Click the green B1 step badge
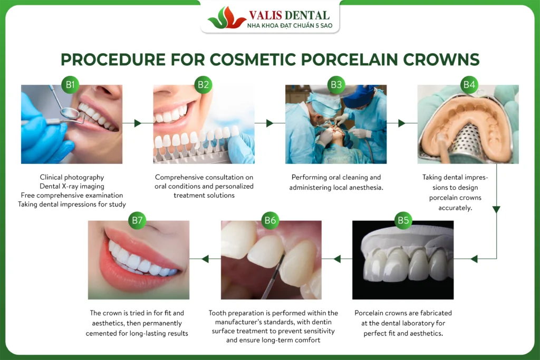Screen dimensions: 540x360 70,85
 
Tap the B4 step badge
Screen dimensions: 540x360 469,85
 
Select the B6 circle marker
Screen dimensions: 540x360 270,220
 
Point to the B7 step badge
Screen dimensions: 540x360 137,220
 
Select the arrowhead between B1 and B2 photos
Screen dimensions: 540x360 138,123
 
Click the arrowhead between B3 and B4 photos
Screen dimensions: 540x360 401,123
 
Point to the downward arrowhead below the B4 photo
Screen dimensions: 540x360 496,209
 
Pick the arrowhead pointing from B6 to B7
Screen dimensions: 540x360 205,259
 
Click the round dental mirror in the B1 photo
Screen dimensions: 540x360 70,112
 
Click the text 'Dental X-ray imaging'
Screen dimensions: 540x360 72,186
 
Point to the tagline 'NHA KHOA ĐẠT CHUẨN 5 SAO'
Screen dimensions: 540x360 290,25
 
